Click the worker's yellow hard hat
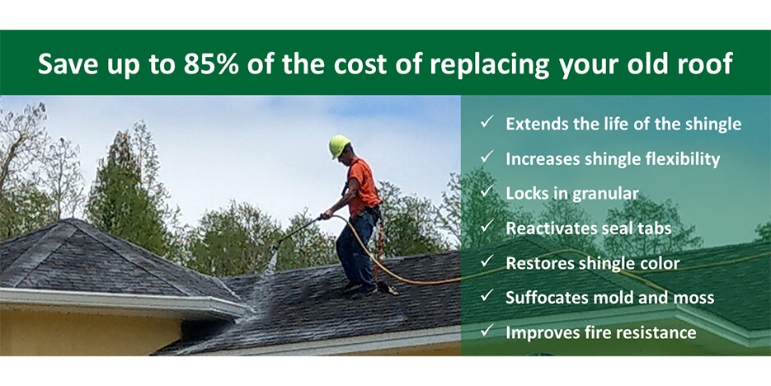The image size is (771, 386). (x=339, y=145)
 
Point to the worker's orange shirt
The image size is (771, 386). (x=363, y=187)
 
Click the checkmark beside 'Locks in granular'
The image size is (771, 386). (x=487, y=192)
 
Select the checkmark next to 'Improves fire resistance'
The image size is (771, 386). (x=487, y=332)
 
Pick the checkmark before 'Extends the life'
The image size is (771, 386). (x=487, y=122)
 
